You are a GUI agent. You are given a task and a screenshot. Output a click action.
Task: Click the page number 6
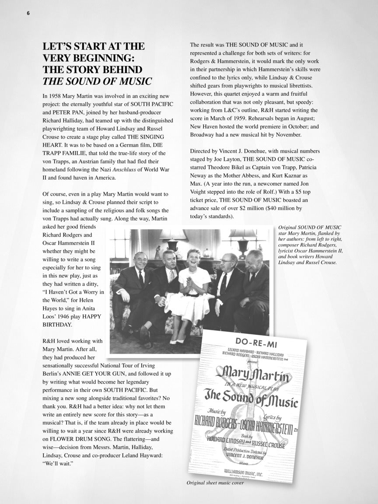(28, 13)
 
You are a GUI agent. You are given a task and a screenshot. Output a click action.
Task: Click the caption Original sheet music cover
(215, 483)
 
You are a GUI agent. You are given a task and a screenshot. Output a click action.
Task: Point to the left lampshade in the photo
(173, 234)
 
